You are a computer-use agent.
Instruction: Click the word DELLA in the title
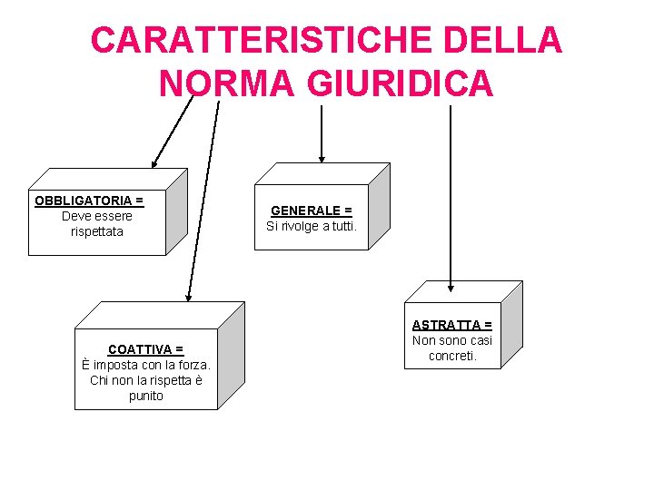click(513, 41)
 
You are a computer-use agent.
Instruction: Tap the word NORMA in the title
click(226, 83)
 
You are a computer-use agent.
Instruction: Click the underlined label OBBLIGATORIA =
click(89, 201)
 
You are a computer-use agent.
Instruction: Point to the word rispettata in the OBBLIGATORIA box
click(96, 231)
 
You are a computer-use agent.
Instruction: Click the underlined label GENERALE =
click(311, 211)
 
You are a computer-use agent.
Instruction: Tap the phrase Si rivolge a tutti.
click(311, 226)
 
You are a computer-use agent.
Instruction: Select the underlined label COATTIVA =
click(145, 349)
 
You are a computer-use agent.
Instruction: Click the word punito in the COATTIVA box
click(145, 396)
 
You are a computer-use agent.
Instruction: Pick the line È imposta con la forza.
click(145, 365)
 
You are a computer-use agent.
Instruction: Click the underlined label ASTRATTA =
click(451, 325)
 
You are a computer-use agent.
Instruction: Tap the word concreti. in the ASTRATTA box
click(451, 356)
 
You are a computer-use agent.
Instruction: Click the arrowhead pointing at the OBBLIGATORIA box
click(155, 164)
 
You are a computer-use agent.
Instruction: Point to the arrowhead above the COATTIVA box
click(189, 296)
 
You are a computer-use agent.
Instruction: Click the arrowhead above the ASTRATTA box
click(451, 285)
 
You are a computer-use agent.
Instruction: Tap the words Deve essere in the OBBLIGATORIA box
click(96, 216)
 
